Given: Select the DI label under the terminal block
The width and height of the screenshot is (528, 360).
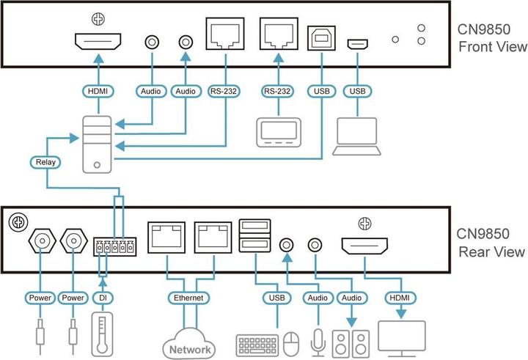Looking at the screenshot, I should pyautogui.click(x=103, y=298).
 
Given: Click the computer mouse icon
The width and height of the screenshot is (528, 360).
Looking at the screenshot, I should pyautogui.click(x=292, y=342).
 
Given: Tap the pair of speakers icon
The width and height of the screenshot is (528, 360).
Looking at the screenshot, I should pyautogui.click(x=351, y=342).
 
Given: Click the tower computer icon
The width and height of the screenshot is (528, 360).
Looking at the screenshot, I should pyautogui.click(x=96, y=144).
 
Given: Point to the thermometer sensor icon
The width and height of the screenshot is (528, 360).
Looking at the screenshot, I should pyautogui.click(x=103, y=334).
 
